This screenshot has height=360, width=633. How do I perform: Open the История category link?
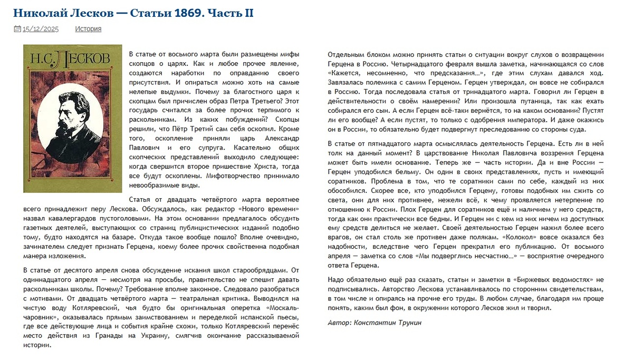tap(88, 29)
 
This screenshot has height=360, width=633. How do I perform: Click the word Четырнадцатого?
tap(386, 64)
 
